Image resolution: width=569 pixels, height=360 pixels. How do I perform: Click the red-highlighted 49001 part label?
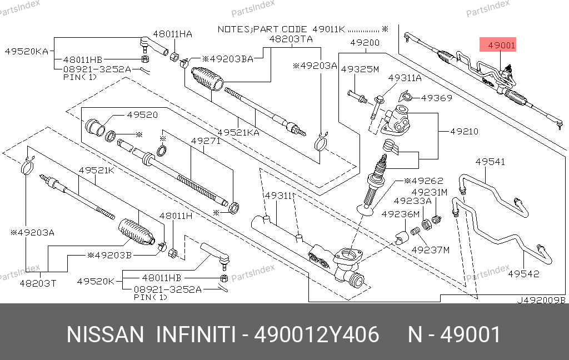pyautogui.click(x=502, y=46)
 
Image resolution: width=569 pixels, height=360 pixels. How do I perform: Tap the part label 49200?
pyautogui.click(x=365, y=42)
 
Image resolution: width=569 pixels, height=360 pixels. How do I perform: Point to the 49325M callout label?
pyautogui.click(x=360, y=69)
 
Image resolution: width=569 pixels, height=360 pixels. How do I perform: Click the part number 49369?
pyautogui.click(x=436, y=98)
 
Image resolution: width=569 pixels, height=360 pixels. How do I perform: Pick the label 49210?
pyautogui.click(x=464, y=132)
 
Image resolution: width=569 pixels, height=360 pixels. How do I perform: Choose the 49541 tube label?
pyautogui.click(x=490, y=162)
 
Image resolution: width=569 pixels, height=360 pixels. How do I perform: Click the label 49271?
pyautogui.click(x=206, y=141)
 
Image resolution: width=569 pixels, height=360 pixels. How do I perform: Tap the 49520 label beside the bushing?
pyautogui.click(x=142, y=115)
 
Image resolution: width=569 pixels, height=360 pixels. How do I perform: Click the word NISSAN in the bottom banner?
pyautogui.click(x=105, y=335)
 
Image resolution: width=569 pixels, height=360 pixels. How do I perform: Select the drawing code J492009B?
pyautogui.click(x=541, y=300)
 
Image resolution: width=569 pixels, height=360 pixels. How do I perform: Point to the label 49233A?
pyautogui.click(x=413, y=201)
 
